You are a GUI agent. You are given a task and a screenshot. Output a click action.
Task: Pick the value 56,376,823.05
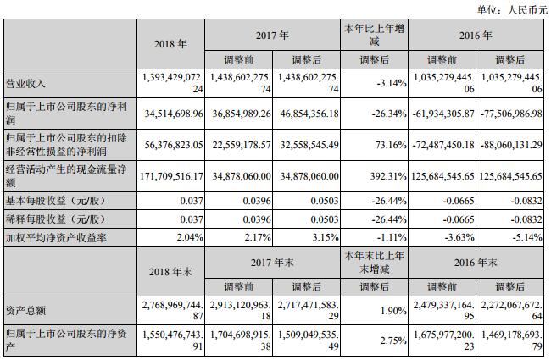(x=177, y=145)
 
